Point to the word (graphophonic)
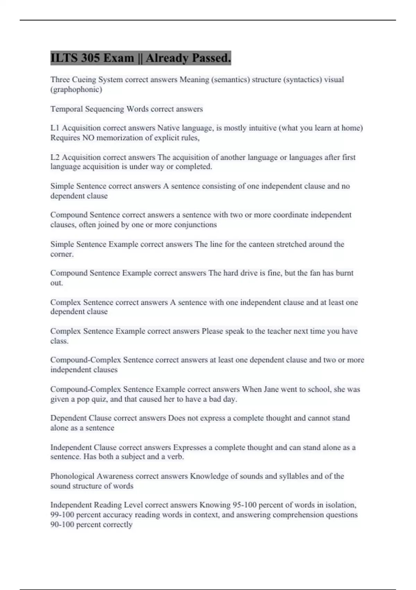[76, 90]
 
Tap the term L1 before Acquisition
[55, 128]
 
